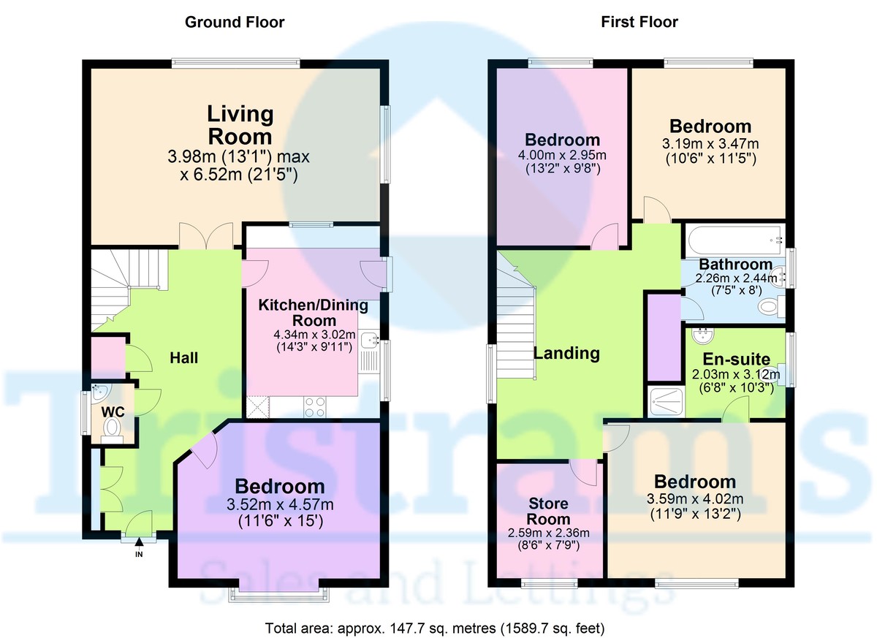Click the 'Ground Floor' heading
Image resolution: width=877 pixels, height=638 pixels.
235,23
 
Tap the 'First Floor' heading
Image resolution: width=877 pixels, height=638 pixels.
639,22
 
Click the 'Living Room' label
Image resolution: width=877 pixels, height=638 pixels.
240,125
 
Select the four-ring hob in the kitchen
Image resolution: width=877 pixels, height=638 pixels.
315,407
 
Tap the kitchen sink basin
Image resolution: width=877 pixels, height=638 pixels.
368,340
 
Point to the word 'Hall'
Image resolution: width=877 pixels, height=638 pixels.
183,358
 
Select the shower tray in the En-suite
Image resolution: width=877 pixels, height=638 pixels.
666,402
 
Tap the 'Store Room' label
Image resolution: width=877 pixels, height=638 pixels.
548,511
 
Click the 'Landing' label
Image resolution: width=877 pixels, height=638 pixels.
567,354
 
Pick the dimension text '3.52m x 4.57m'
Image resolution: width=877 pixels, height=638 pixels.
280,504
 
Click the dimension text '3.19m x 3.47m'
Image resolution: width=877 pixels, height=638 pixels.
710,144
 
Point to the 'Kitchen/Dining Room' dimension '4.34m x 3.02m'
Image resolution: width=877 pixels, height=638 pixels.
314,335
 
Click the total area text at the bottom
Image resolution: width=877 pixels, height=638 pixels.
435,628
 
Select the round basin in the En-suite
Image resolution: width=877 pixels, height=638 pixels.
703,335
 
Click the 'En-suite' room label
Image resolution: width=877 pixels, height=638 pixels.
736,359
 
